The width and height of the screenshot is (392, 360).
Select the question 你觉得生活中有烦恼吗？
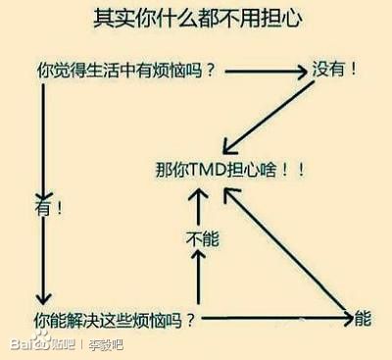click(x=126, y=72)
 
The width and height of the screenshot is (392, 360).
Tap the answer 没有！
click(x=334, y=70)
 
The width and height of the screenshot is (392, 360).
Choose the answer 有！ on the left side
click(x=50, y=209)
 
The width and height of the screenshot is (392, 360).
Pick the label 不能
click(x=199, y=237)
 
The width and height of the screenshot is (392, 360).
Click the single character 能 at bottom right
click(x=363, y=319)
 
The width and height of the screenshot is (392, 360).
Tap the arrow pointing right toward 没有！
click(x=265, y=72)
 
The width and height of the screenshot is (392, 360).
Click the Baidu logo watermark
click(x=29, y=345)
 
